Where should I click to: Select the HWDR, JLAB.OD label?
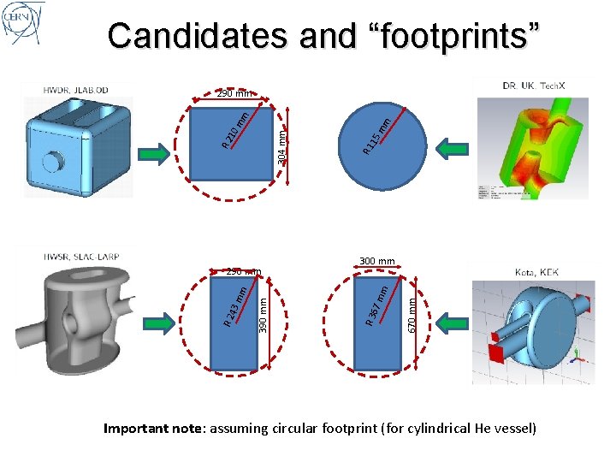pyautogui.click(x=76, y=90)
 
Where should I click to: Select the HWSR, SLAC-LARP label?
pyautogui.click(x=80, y=256)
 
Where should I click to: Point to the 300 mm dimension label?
pyautogui.click(x=376, y=261)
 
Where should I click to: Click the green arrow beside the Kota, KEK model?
pyautogui.click(x=449, y=324)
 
